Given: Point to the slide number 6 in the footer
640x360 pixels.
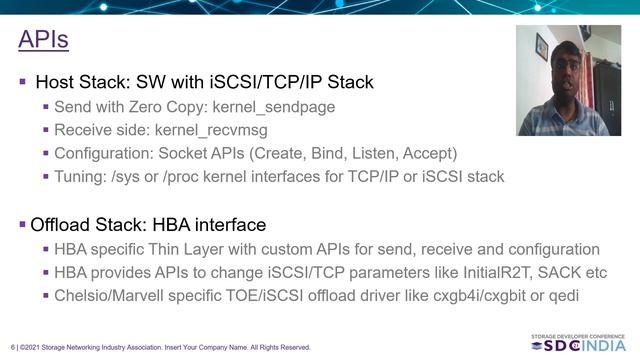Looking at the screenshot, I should [13, 347].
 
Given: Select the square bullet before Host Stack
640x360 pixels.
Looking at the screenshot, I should [23, 81].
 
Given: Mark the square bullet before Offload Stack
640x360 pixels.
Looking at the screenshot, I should [23, 225].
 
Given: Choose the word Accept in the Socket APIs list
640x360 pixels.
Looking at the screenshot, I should [431, 153].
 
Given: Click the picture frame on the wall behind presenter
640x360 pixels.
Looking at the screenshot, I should [541, 46].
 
